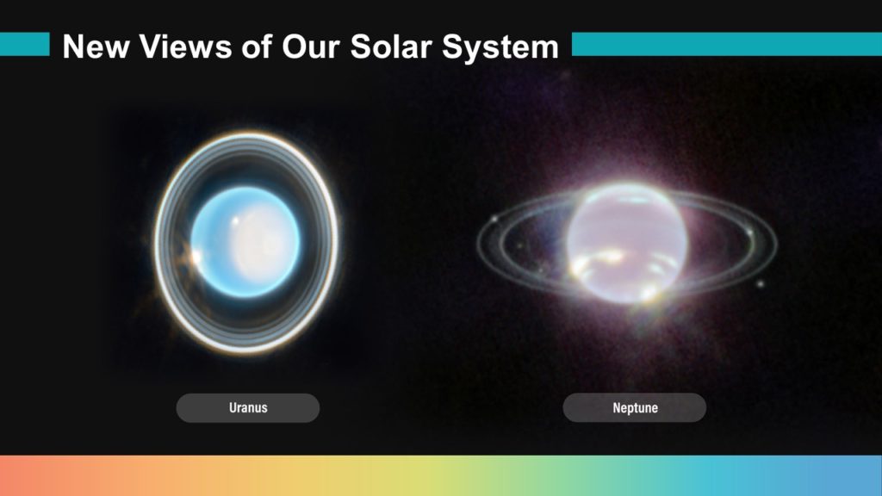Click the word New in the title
(96, 46)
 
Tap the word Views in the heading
(186, 46)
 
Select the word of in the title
(257, 46)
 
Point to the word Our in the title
(310, 46)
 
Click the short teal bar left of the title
(25, 45)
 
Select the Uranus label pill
(248, 407)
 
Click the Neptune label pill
(635, 407)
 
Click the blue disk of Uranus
(245, 242)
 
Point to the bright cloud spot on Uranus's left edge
(196, 258)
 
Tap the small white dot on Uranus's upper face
(235, 221)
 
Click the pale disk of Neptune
(627, 243)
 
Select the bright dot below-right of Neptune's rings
(761, 284)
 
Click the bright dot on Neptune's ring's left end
(495, 219)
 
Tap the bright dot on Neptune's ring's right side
(750, 232)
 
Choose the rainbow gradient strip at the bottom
(441, 475)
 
